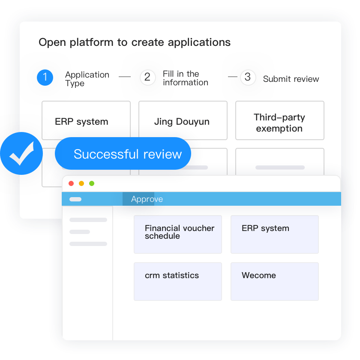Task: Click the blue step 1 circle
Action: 45,78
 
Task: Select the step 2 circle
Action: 147,78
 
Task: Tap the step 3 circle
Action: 247,78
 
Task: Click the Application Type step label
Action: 87,79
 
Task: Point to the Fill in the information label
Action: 185,78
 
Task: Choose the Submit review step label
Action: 291,79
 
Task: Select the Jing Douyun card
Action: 183,120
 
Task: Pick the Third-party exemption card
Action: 279,120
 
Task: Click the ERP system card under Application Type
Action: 86,120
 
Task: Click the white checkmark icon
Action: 21,153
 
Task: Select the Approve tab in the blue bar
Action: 147,199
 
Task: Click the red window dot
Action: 71,183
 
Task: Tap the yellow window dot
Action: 81,183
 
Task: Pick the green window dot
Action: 92,183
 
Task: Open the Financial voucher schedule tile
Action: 177,234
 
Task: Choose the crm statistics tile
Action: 177,281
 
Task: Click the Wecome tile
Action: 274,281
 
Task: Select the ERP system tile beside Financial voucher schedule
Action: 274,234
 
